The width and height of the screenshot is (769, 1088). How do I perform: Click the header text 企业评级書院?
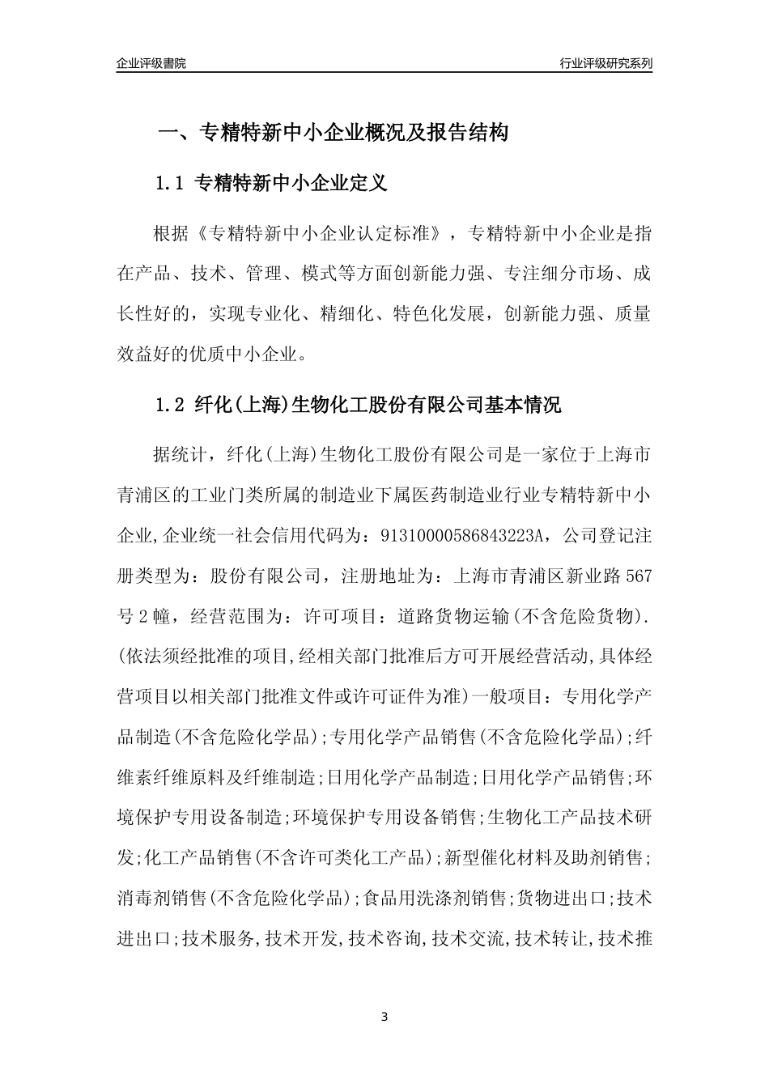151,63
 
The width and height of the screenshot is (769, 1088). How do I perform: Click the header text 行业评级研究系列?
605,63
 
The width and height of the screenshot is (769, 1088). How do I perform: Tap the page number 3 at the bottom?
384,1018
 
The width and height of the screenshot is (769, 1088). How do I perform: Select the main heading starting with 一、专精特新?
333,133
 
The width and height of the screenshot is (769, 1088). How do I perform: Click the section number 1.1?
170,184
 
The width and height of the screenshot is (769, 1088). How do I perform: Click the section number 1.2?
170,405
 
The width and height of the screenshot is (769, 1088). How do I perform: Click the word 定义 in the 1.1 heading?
368,184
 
